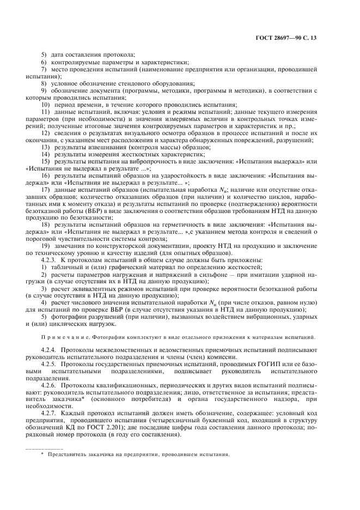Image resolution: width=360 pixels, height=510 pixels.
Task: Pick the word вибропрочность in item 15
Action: pos(155,161)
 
